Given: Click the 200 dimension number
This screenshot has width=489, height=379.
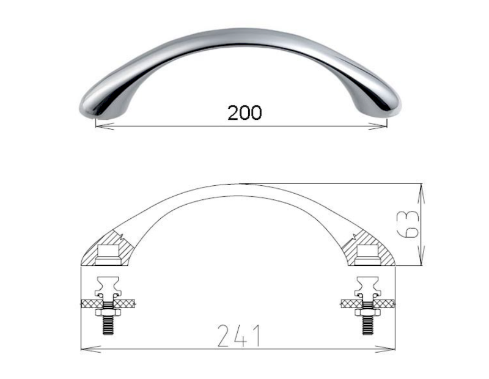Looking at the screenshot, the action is tap(244, 112).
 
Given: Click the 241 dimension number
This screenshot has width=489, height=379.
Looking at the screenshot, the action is tap(238, 336).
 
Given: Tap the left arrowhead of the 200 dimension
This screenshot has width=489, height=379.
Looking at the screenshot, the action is tap(104, 127).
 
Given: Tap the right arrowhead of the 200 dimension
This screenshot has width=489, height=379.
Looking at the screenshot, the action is tap(378, 127).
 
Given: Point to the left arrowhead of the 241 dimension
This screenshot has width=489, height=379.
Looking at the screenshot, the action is tap(90, 349).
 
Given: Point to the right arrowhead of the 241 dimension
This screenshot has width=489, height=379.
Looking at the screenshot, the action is tap(385, 349).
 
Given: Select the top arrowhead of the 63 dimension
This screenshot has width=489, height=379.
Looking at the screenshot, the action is tap(422, 193).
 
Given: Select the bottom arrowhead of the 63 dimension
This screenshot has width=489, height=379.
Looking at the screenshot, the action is tap(422, 256).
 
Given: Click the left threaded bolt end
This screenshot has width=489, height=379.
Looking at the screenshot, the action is tap(108, 325).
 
